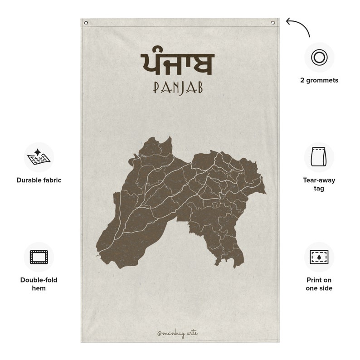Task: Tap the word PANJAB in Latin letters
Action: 178,88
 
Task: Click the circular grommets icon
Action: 319,57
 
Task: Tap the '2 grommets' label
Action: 319,80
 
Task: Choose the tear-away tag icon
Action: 319,157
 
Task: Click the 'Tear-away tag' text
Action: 319,184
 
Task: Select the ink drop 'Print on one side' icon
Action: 319,257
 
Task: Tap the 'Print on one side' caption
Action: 319,284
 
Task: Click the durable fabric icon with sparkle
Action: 39,157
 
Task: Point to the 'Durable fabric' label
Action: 39,180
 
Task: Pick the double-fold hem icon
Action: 39,257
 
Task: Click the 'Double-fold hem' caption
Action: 39,284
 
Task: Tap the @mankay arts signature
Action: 177,333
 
